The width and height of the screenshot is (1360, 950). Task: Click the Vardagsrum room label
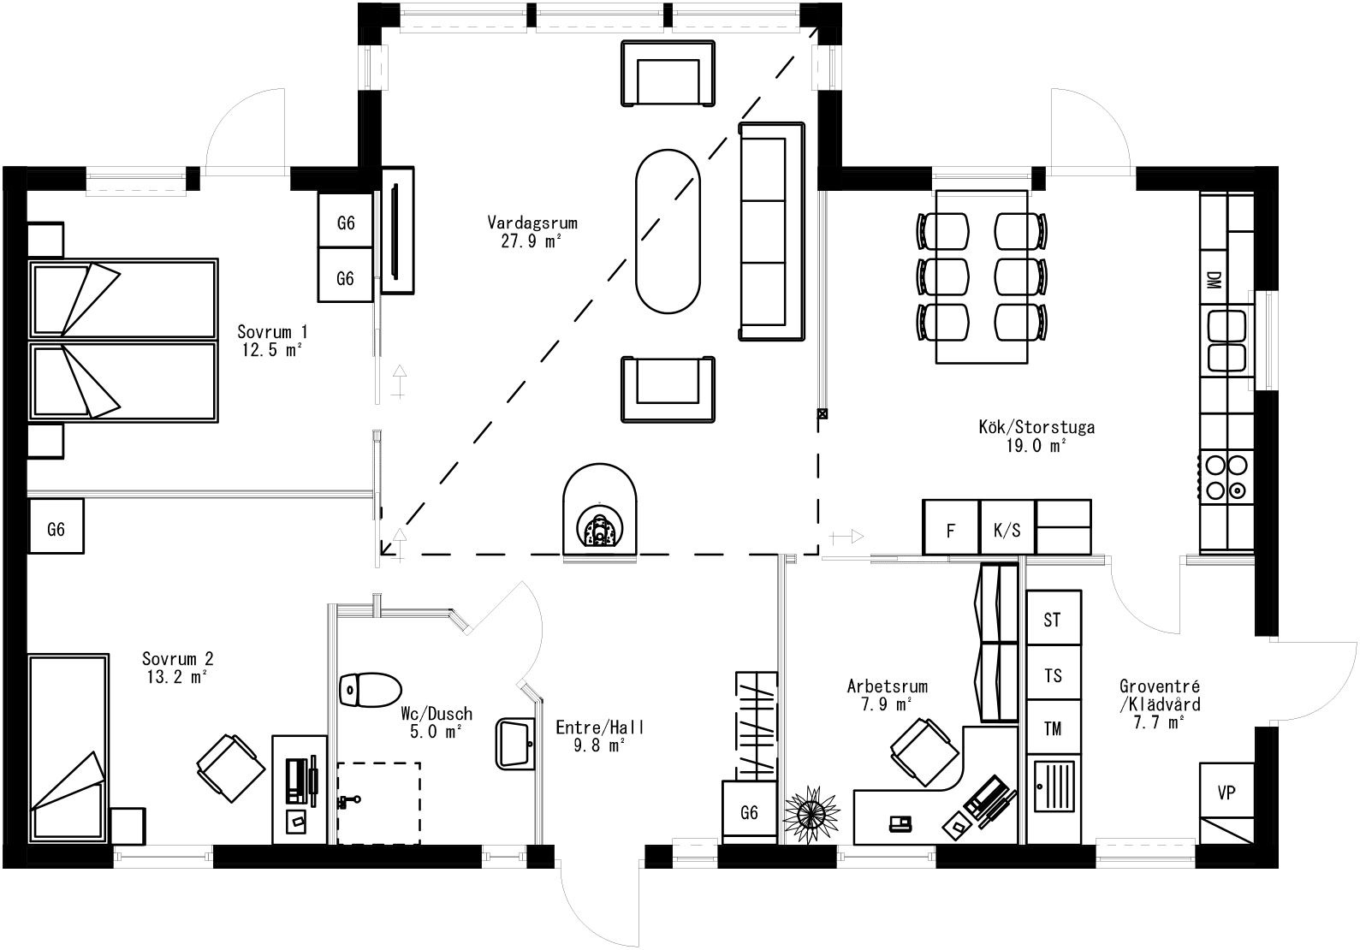pyautogui.click(x=532, y=223)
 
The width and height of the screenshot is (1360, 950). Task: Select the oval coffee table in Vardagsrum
pyautogui.click(x=668, y=232)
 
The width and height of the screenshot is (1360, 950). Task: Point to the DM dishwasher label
pyautogui.click(x=1213, y=281)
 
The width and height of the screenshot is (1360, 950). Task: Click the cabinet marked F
pyautogui.click(x=950, y=530)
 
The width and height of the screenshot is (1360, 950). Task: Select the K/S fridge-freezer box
pyautogui.click(x=1007, y=530)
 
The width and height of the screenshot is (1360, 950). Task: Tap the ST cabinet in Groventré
pyautogui.click(x=1053, y=619)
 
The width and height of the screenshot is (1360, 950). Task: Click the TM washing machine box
pyautogui.click(x=1053, y=729)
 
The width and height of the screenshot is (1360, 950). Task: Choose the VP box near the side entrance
pyautogui.click(x=1226, y=792)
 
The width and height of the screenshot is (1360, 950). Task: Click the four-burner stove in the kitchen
pyautogui.click(x=1226, y=478)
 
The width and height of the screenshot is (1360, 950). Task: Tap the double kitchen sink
pyautogui.click(x=1226, y=340)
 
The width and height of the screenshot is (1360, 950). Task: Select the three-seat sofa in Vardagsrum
pyautogui.click(x=772, y=232)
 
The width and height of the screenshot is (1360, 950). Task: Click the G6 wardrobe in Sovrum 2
pyautogui.click(x=56, y=529)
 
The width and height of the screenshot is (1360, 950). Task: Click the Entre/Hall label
pyautogui.click(x=599, y=727)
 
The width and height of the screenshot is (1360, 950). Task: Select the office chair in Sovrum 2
pyautogui.click(x=229, y=768)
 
